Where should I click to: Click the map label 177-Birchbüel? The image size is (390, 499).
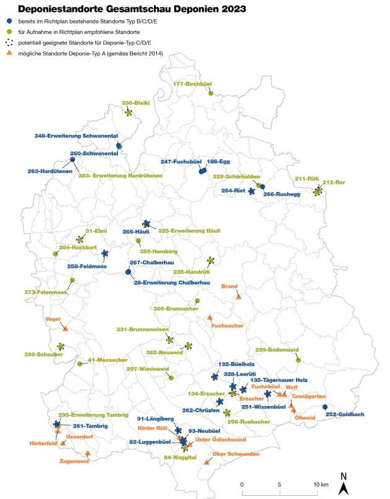point(193,84)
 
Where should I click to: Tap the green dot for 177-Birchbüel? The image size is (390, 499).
point(211,93)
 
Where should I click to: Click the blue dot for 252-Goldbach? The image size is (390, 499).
point(325,407)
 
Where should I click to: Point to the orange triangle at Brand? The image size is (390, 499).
point(239,297)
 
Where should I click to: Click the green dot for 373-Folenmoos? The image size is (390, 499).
point(72,280)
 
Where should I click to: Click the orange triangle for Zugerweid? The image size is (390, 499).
point(88,453)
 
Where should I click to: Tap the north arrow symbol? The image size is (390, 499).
point(344,483)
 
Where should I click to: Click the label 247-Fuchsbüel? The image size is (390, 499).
point(182,162)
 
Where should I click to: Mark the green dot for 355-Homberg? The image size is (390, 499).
point(138,241)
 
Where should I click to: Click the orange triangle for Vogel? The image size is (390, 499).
point(66,329)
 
